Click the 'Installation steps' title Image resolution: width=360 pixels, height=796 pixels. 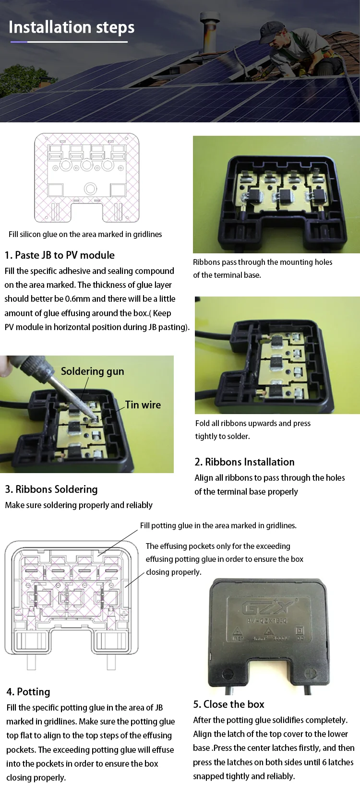point(72,27)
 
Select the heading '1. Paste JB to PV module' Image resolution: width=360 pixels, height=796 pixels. point(60,255)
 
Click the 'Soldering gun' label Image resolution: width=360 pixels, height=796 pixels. point(92,371)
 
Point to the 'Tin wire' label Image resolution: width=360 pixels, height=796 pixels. point(143,405)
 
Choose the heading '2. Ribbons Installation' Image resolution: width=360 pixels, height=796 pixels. point(244,462)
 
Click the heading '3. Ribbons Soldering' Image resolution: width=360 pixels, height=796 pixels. point(51,489)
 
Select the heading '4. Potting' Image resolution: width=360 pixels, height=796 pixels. point(28,692)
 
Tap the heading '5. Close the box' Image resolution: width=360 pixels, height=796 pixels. point(228,704)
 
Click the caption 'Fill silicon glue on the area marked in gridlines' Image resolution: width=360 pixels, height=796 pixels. point(85,235)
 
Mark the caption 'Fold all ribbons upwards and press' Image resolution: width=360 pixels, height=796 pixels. point(252,423)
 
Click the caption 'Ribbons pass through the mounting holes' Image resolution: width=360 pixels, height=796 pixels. point(263,262)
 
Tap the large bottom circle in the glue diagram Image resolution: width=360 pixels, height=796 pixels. point(90,189)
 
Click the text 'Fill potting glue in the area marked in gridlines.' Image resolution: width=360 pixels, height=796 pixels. point(218,525)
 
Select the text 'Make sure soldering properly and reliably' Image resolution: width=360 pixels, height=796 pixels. point(79,505)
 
